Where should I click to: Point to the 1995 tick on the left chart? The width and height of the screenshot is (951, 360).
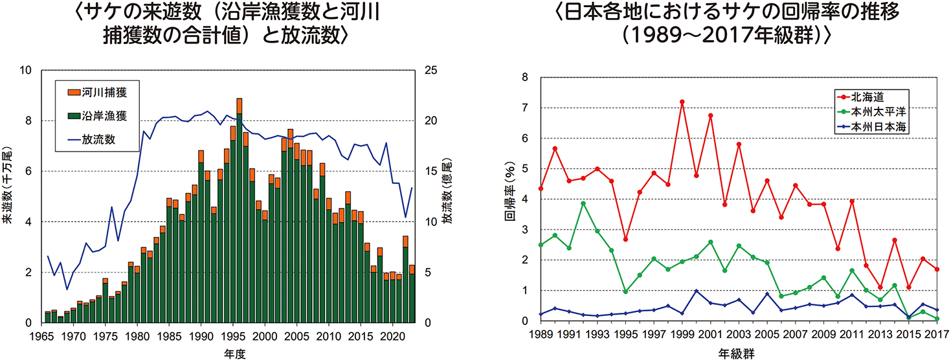[x=232, y=337]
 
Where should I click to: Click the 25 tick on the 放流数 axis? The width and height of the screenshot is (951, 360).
[x=431, y=70]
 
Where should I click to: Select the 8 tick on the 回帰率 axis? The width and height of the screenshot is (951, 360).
[x=524, y=78]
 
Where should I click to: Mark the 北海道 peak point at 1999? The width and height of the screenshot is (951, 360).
[x=682, y=102]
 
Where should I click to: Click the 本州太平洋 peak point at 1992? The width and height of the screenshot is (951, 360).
[x=583, y=203]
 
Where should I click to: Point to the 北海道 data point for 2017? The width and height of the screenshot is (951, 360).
[x=937, y=269]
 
